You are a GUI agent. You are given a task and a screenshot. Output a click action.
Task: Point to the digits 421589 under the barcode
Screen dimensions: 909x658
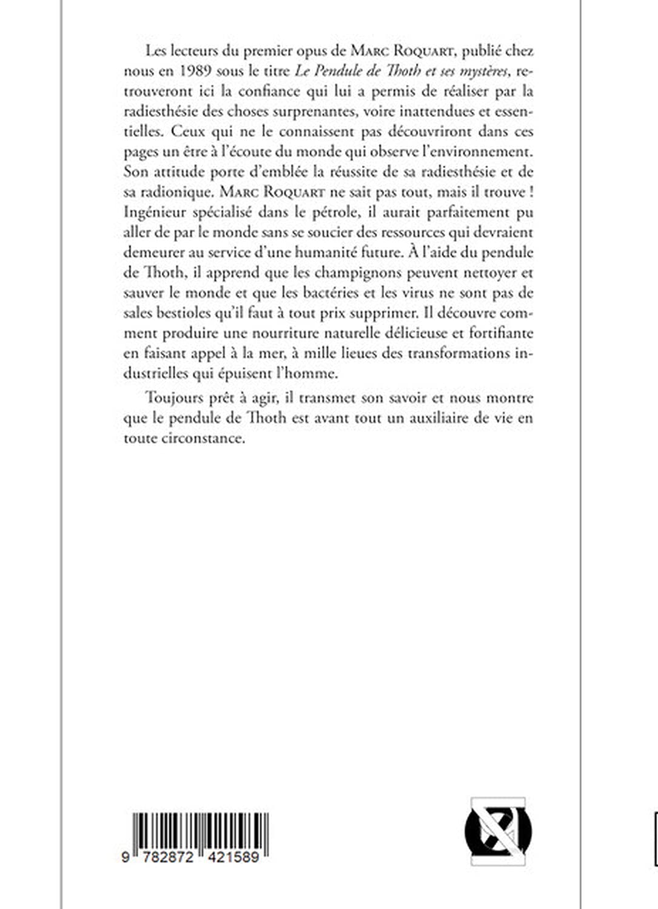tap(233, 857)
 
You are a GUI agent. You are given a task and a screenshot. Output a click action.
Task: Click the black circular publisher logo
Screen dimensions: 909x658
tap(497, 831)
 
